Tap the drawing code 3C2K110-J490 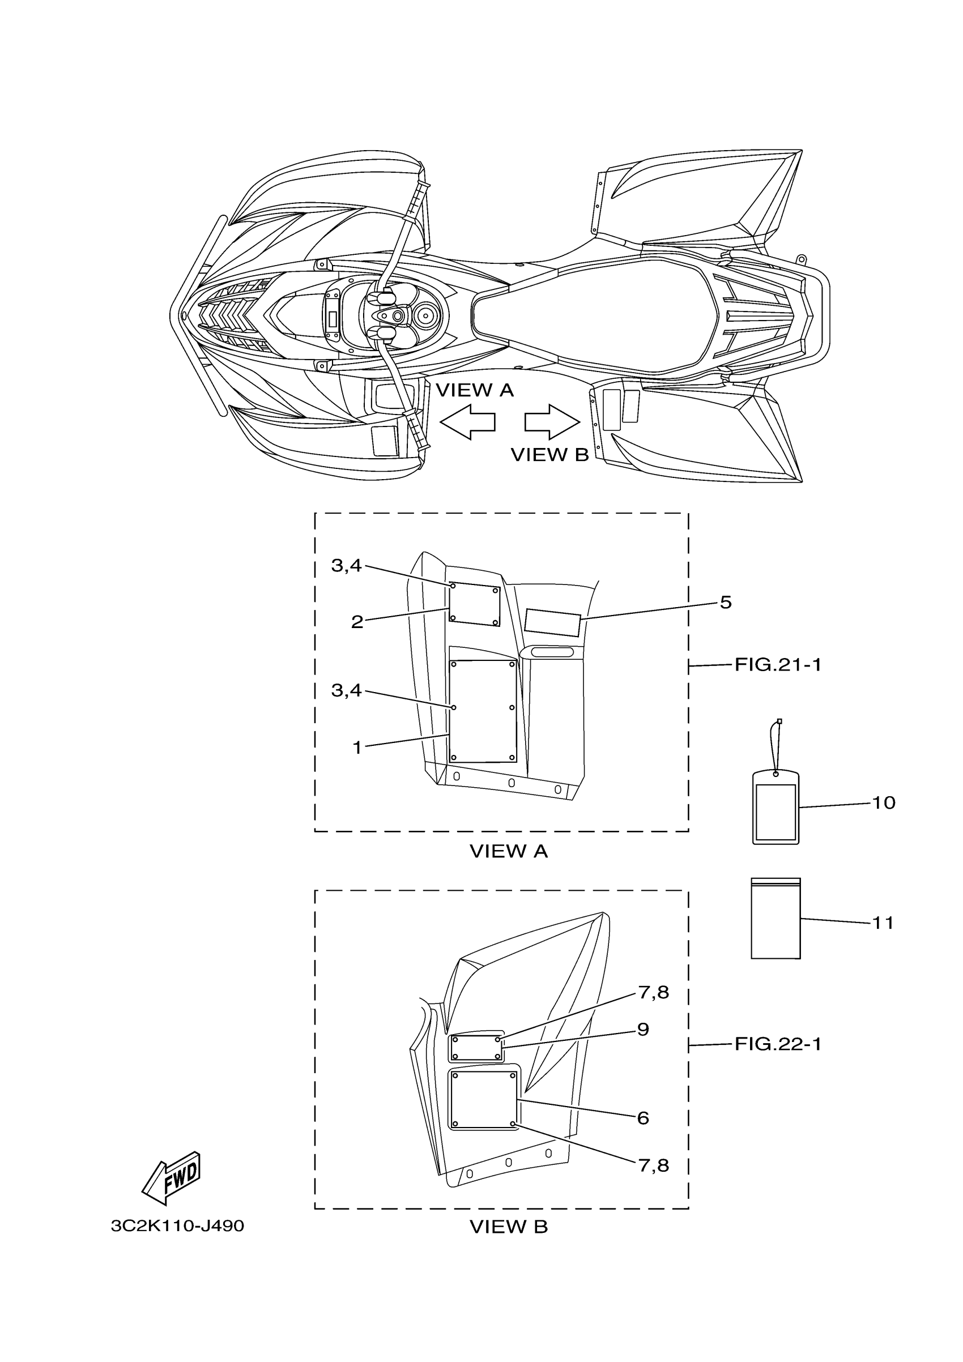coord(177,1226)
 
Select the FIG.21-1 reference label coord(778,665)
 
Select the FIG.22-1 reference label coord(778,1045)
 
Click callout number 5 coord(726,603)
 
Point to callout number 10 coord(883,803)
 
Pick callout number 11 coord(883,923)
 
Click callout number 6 coord(643,1118)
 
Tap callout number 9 coord(643,1029)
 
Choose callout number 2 coord(357,622)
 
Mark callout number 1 coord(357,748)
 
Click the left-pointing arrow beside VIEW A coord(467,422)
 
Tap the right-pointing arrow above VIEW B coord(552,422)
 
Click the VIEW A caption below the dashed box coord(509,852)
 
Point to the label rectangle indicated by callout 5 coord(552,622)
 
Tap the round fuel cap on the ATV coord(425,316)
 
